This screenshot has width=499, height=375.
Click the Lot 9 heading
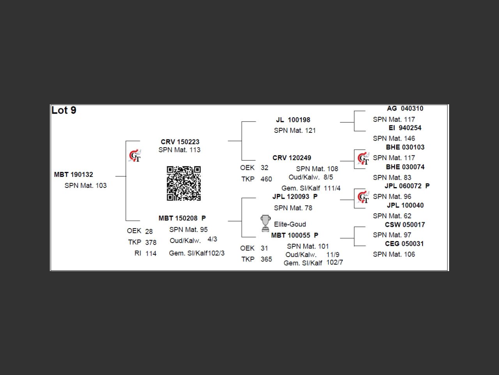pyautogui.click(x=64, y=111)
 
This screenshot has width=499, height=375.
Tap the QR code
pyautogui.click(x=184, y=183)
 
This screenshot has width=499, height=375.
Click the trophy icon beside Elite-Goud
pyautogui.click(x=265, y=223)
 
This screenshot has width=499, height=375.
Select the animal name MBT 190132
pyautogui.click(x=74, y=175)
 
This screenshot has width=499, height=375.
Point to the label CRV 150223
pyautogui.click(x=180, y=142)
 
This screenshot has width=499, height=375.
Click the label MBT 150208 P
pyautogui.click(x=182, y=218)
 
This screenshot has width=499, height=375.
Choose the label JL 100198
pyautogui.click(x=293, y=120)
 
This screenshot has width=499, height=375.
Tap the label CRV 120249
pyautogui.click(x=292, y=158)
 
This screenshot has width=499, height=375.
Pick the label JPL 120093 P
pyautogui.click(x=295, y=196)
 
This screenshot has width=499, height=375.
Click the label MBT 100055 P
pyautogui.click(x=295, y=235)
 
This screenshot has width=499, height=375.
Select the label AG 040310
pyautogui.click(x=405, y=109)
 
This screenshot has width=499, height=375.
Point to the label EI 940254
pyautogui.click(x=405, y=128)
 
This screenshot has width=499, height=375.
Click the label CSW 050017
pyautogui.click(x=405, y=225)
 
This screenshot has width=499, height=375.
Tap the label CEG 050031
pyautogui.click(x=404, y=244)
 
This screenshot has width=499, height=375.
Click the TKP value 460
pyautogui.click(x=266, y=179)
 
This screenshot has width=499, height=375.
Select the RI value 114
pyautogui.click(x=151, y=254)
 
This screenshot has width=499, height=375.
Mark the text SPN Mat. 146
pyautogui.click(x=394, y=138)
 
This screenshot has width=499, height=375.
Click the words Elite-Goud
pyautogui.click(x=290, y=224)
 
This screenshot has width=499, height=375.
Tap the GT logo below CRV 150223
pyautogui.click(x=135, y=156)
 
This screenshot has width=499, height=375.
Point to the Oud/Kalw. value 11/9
pyautogui.click(x=333, y=255)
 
